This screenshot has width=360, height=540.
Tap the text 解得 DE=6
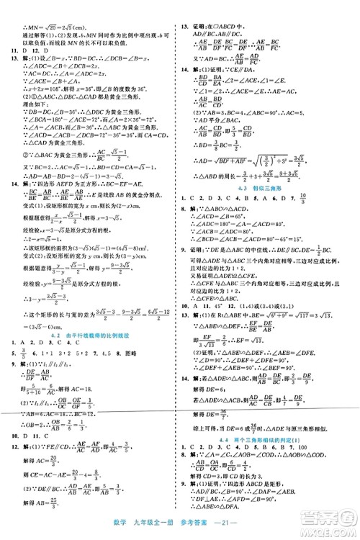(216, 388)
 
